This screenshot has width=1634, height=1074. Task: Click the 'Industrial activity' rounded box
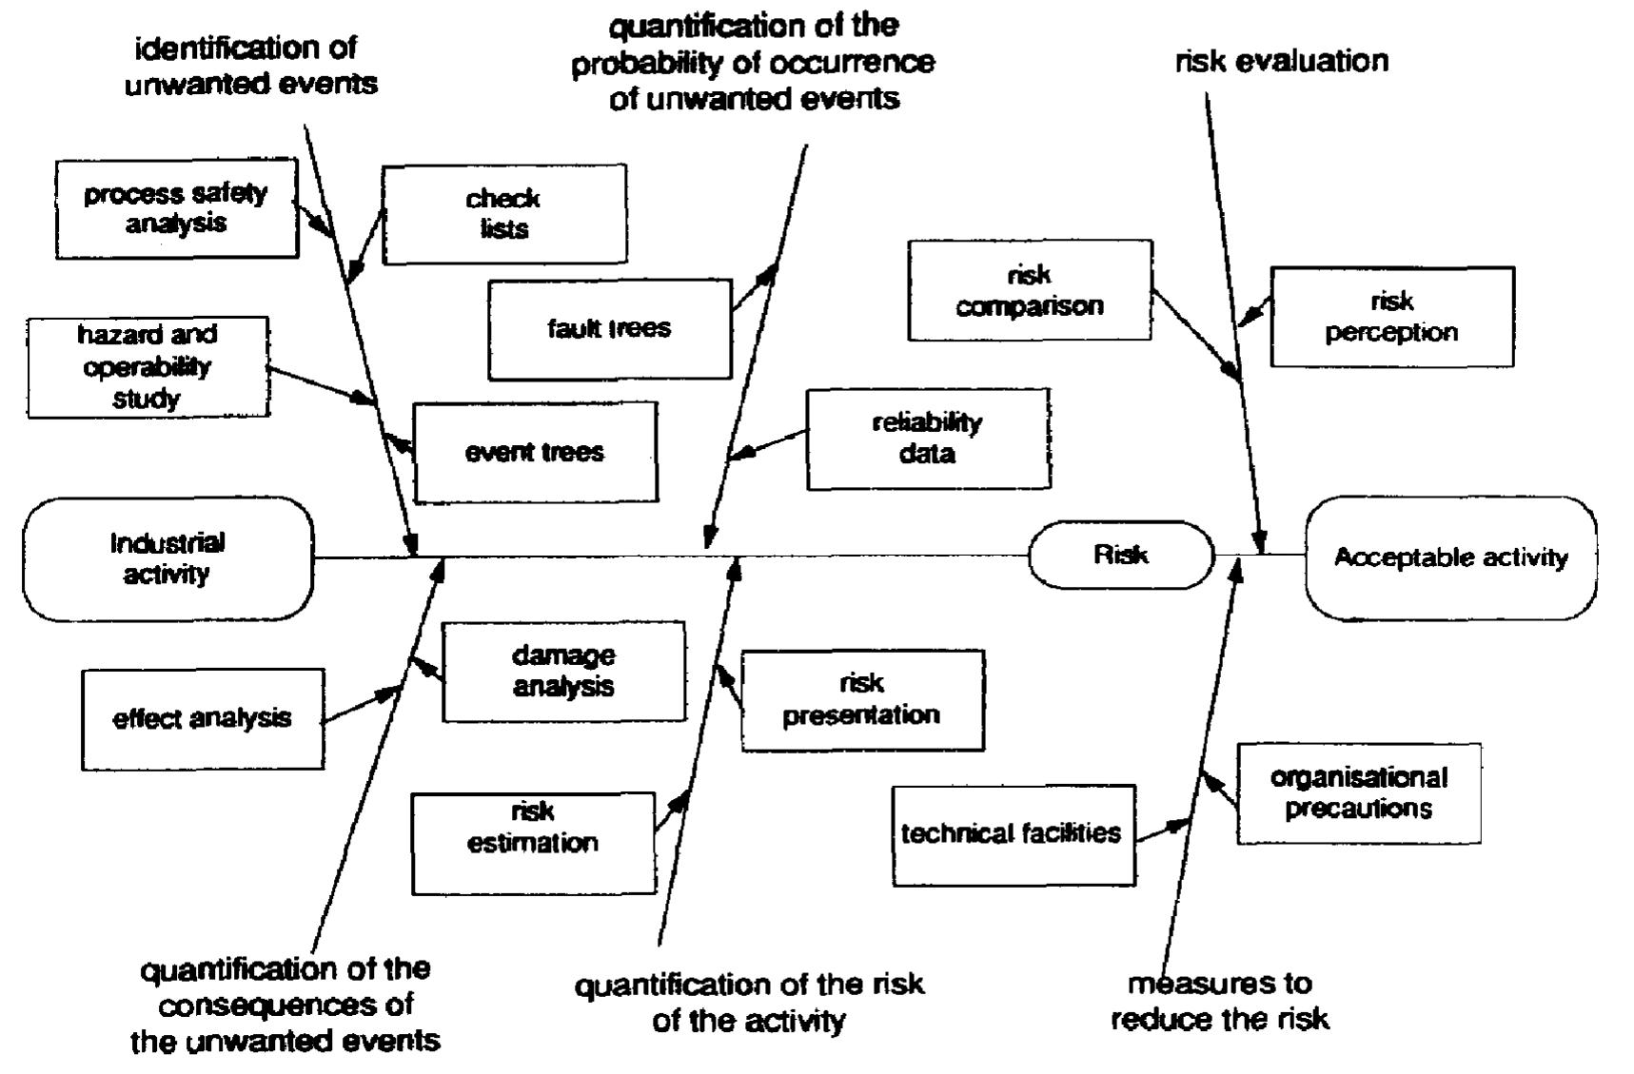[x=167, y=558]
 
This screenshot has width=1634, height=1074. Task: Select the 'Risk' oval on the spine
[x=1120, y=555]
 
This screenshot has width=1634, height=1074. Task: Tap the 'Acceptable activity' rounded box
[x=1450, y=557]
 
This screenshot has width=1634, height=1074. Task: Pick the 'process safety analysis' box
[x=176, y=208]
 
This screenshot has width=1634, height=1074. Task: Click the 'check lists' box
[x=504, y=214]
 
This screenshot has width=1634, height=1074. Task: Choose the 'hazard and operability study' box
[x=148, y=367]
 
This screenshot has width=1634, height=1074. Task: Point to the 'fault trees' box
[x=609, y=329]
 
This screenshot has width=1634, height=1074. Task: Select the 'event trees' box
[x=535, y=452]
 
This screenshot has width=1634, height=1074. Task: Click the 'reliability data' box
[x=928, y=439]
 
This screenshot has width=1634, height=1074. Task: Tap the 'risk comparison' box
[x=1030, y=290]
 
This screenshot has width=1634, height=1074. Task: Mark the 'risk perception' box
[x=1391, y=317]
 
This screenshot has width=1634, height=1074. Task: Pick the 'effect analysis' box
[x=203, y=718]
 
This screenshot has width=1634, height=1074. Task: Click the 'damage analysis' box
[x=563, y=671]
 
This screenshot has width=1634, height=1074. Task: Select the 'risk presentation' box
[x=862, y=700]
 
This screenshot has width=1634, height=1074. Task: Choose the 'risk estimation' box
[x=533, y=843]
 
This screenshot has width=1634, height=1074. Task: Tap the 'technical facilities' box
[x=1013, y=834]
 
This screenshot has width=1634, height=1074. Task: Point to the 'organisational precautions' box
[x=1359, y=793]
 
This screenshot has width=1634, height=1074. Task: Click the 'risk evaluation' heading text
[x=1282, y=62]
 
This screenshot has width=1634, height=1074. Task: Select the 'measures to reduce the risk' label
[x=1220, y=1002]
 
